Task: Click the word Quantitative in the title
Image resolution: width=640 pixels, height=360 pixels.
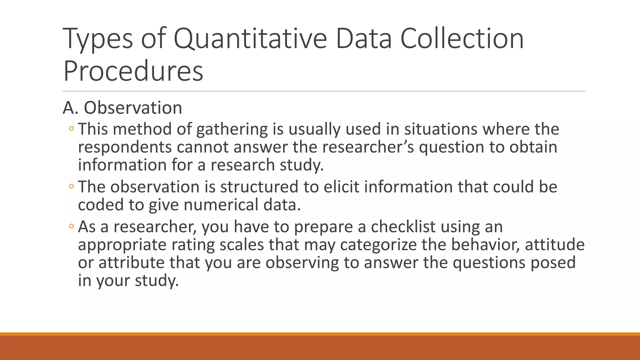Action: [250, 39]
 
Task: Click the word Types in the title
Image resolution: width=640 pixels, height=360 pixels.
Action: [97, 39]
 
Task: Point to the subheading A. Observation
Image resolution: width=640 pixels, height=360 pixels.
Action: [122, 108]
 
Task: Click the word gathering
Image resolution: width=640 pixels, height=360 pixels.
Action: [232, 129]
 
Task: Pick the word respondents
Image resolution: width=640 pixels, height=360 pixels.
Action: [125, 147]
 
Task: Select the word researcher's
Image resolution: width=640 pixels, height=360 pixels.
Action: [368, 147]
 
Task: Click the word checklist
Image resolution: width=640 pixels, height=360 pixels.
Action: [403, 227]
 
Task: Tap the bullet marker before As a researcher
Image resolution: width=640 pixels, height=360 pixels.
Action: [71, 227]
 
